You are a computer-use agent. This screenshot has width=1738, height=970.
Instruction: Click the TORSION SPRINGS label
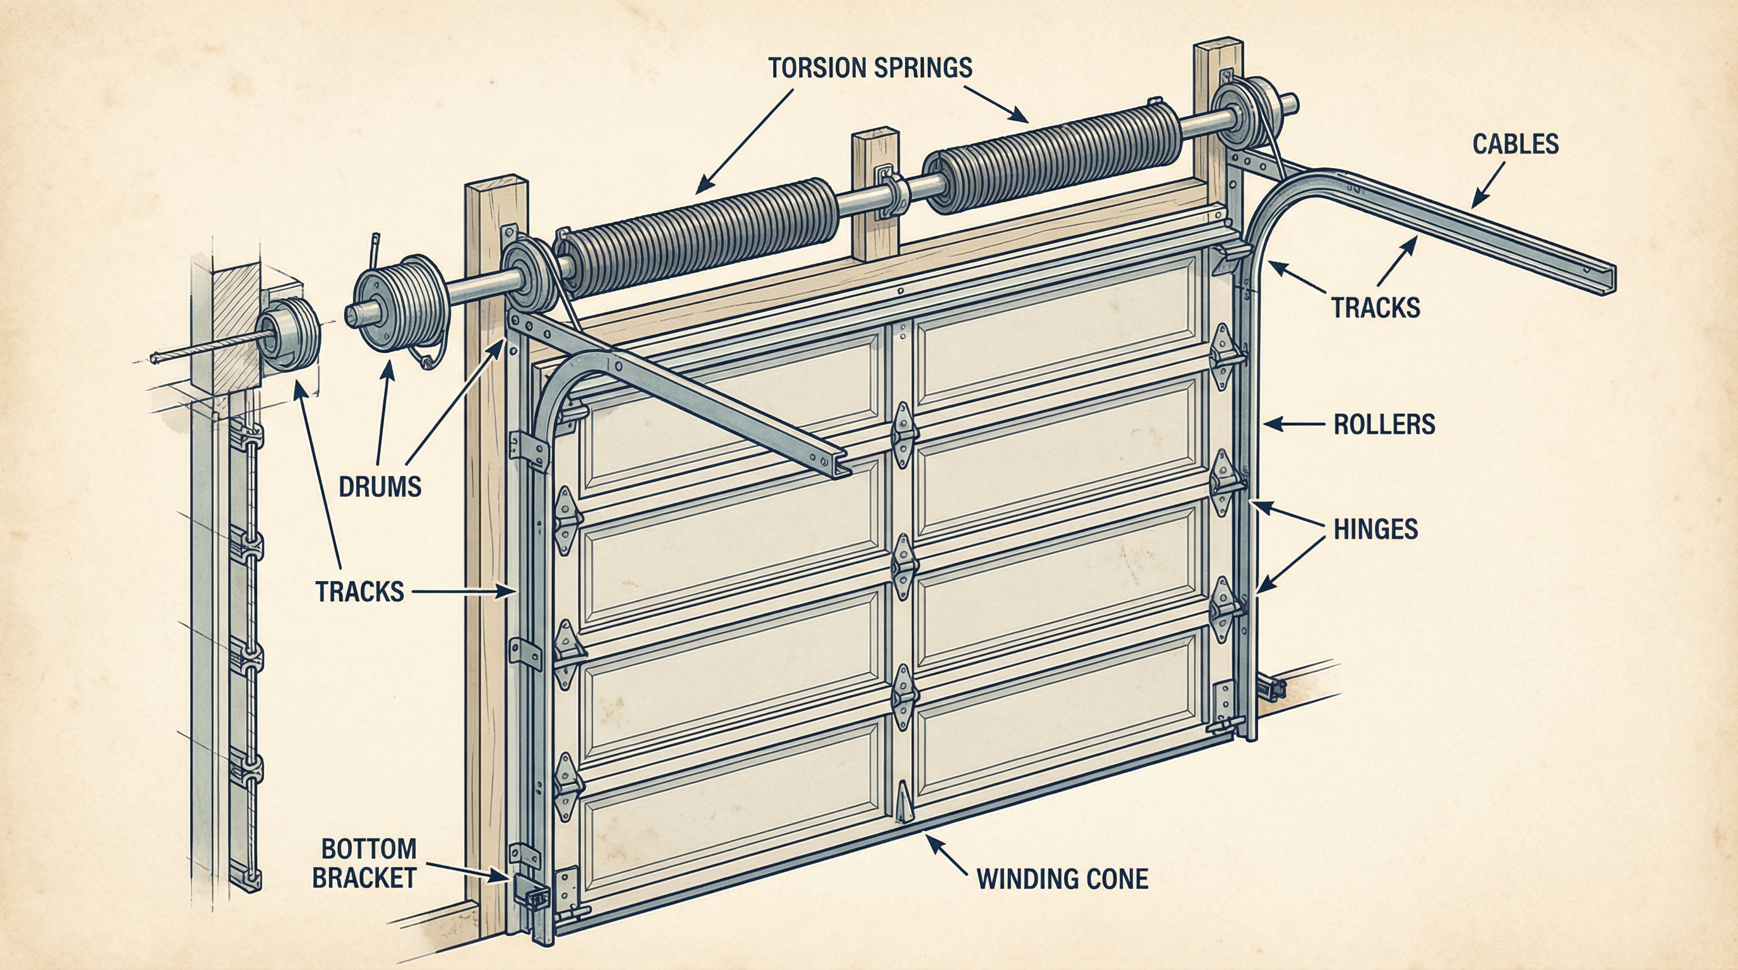click(x=870, y=68)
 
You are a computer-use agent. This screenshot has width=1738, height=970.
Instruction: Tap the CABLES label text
click(x=1515, y=145)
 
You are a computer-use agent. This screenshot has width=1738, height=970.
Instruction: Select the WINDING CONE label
click(x=1062, y=879)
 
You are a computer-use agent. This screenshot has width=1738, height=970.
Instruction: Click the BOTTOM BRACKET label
click(x=364, y=863)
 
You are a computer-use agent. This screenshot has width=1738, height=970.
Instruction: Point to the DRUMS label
click(x=380, y=486)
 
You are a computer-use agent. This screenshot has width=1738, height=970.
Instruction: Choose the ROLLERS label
click(x=1384, y=424)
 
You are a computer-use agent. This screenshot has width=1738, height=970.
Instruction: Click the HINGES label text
click(x=1375, y=529)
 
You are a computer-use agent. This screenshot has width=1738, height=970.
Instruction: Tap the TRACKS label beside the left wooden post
click(x=359, y=592)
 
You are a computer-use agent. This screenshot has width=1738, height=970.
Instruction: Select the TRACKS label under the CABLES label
click(x=1375, y=308)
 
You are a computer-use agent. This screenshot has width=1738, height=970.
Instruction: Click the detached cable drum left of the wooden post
click(x=398, y=310)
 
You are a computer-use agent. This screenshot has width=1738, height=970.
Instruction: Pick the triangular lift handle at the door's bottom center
click(x=902, y=803)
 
